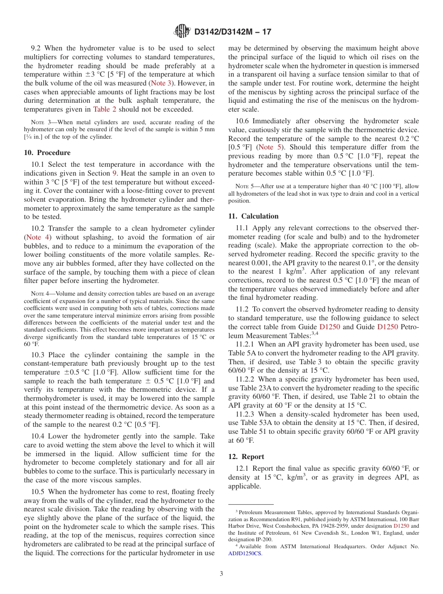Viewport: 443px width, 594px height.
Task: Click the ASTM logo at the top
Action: (x=182, y=31)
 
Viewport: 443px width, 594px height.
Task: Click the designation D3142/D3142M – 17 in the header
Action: (x=232, y=32)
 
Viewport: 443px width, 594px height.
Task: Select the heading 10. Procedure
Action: (x=47, y=153)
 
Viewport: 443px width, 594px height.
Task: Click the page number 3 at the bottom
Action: (x=221, y=573)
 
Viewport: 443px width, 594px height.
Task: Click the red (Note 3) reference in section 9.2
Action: (x=161, y=83)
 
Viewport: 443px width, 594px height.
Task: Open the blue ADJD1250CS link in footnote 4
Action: (x=245, y=554)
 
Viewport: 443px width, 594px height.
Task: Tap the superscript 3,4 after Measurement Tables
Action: (x=314, y=333)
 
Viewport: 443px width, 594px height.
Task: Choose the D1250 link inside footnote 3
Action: (x=401, y=526)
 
